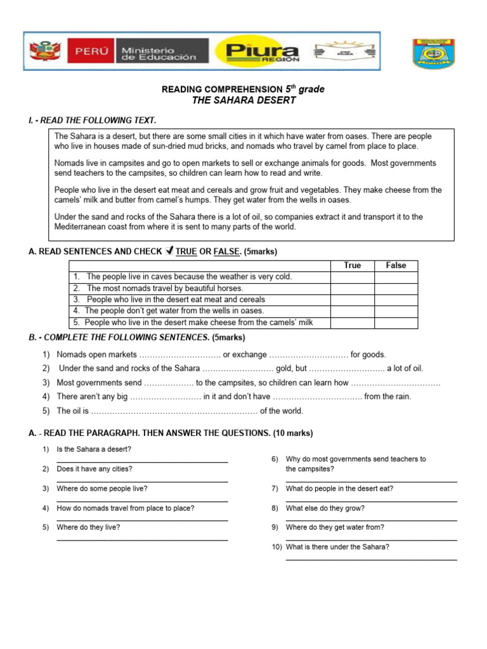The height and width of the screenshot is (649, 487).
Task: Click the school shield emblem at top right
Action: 434,54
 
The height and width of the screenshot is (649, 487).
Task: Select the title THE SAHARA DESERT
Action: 243,101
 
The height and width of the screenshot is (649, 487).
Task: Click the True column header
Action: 352,266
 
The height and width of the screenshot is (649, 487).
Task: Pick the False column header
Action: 396,266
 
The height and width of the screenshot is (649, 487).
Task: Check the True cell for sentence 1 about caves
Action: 352,277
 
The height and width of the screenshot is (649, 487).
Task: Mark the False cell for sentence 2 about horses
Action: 396,288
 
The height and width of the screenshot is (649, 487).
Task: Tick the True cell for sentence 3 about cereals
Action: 352,300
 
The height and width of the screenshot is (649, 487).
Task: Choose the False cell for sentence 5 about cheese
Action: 396,323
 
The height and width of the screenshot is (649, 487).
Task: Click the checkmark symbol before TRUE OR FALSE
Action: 169,252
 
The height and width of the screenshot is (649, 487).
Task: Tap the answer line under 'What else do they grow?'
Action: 371,520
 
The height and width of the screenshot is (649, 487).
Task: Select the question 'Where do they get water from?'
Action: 335,527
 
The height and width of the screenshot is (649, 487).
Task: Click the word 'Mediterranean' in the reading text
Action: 80,227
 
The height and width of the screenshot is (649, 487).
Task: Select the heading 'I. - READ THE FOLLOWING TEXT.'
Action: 93,120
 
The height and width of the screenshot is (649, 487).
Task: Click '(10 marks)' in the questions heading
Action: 292,434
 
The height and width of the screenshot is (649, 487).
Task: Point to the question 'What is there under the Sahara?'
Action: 337,546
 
